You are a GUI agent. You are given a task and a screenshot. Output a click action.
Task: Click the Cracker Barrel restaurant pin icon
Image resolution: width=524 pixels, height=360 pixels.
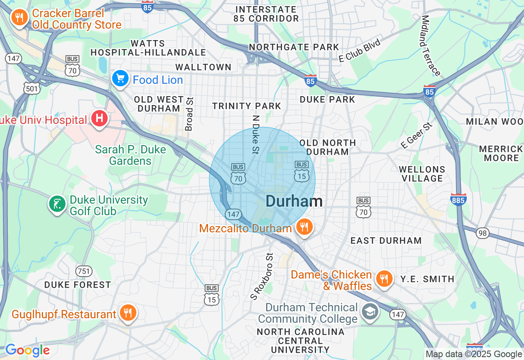pyautogui.click(x=19, y=18)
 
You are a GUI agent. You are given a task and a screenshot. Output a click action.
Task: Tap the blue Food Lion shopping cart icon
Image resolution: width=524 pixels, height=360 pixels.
pyautogui.click(x=120, y=79)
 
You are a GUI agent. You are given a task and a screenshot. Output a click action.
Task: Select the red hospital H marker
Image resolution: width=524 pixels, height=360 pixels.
pyautogui.click(x=99, y=119)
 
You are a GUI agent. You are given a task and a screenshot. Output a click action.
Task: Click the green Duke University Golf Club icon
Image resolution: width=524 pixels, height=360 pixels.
pyautogui.click(x=57, y=204)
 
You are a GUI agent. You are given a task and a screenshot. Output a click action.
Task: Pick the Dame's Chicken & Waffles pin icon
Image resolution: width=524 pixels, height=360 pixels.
pyautogui.click(x=384, y=279)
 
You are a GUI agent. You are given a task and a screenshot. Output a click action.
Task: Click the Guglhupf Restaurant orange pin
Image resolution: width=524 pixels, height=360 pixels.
pyautogui.click(x=128, y=313)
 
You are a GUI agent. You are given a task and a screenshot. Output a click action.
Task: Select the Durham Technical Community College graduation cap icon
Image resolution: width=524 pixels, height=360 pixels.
pyautogui.click(x=370, y=312)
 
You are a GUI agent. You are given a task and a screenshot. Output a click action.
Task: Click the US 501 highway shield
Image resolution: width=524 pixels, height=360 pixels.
pyautogui.click(x=32, y=88)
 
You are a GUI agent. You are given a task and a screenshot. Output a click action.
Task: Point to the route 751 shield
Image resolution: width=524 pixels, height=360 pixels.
pyautogui.click(x=84, y=271)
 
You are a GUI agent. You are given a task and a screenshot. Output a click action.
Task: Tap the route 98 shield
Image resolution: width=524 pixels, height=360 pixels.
pyautogui.click(x=483, y=233)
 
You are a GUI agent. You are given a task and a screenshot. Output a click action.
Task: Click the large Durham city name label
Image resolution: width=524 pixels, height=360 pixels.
pyautogui.click(x=294, y=201)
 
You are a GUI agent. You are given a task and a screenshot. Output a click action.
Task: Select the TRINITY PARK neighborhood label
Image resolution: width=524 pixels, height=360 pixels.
pyautogui.click(x=246, y=106)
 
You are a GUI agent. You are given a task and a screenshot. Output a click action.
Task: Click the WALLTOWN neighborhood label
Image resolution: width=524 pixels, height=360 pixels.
pyautogui.click(x=203, y=67)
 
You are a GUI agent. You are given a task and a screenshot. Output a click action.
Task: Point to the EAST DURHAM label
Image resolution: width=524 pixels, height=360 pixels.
pyautogui.click(x=386, y=241)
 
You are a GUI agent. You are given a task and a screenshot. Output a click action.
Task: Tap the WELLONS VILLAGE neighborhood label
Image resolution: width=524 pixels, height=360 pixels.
pyautogui.click(x=422, y=174)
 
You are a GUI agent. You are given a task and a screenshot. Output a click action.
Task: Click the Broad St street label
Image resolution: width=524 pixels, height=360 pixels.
pyautogui.click(x=189, y=114)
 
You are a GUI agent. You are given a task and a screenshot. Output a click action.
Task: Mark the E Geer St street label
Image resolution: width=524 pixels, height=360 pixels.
pyautogui.click(x=416, y=135)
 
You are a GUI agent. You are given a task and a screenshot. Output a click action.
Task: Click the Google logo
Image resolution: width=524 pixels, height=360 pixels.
pyautogui.click(x=27, y=350)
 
